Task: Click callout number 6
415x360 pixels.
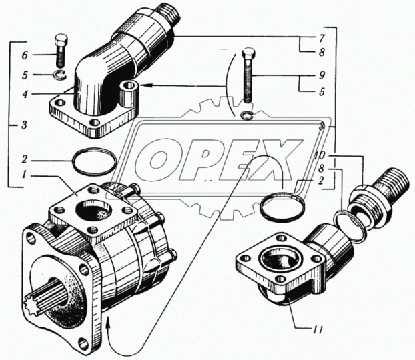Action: pos(24,55)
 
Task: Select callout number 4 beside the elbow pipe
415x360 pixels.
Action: pos(24,94)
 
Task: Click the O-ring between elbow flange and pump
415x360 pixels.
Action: pos(95,161)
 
